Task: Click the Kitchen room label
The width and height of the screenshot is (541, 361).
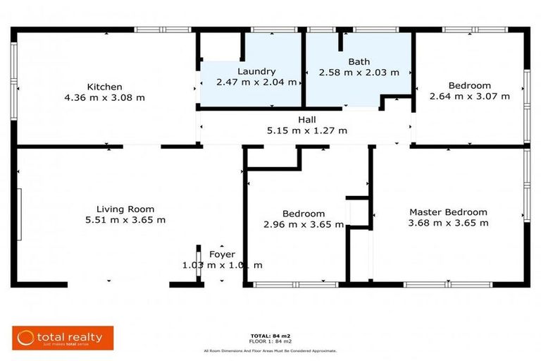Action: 104,87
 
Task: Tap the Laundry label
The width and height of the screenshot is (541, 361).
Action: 256,71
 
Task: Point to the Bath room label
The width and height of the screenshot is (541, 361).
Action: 359,61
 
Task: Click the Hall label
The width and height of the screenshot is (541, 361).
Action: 306,120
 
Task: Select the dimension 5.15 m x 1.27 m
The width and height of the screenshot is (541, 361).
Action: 306,130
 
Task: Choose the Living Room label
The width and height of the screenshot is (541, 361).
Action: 125,209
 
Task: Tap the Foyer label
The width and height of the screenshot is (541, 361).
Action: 222,255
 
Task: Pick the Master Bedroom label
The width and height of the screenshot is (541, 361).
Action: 448,212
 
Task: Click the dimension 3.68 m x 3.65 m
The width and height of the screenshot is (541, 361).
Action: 448,223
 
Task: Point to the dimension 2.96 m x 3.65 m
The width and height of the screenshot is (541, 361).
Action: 304,225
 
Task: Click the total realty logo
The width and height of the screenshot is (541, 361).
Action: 62,338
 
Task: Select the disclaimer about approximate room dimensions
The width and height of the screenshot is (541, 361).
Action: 270,350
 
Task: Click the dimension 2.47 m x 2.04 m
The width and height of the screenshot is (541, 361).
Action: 256,82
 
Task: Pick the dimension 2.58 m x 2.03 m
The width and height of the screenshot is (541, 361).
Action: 359,72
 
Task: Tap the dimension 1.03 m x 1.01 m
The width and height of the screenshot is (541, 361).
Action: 222,265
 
